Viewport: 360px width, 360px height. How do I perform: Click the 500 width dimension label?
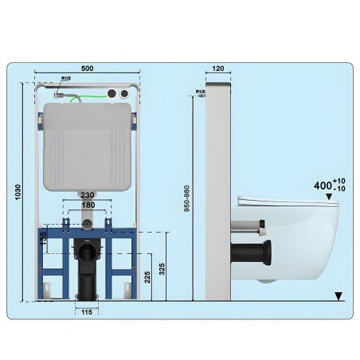88,70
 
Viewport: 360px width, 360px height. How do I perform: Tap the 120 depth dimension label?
217,70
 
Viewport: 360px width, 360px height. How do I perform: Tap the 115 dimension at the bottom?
86,311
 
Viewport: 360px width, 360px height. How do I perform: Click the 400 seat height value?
323,186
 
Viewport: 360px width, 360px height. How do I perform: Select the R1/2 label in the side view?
201,92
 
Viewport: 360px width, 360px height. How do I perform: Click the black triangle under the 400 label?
330,196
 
